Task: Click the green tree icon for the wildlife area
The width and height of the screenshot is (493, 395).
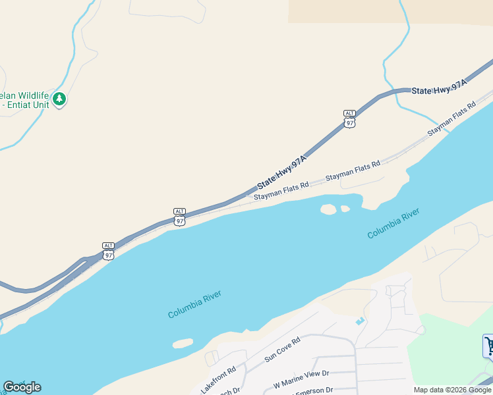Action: tap(60, 99)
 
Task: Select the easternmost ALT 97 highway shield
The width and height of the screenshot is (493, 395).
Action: tap(350, 118)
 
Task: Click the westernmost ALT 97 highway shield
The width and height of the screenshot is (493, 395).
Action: tap(109, 250)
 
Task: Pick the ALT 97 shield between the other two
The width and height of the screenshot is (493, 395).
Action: tap(179, 217)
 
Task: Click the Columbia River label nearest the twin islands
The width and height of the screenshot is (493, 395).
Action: tap(393, 223)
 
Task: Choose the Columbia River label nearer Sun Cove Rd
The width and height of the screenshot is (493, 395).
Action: tap(194, 304)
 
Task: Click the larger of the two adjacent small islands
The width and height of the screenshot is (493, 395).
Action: tap(328, 209)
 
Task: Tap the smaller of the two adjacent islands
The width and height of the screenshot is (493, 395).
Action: tap(345, 209)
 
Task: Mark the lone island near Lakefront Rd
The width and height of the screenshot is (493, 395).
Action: tap(183, 343)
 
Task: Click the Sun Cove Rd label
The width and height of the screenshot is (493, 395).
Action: tap(282, 350)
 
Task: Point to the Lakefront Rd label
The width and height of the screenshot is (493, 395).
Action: tap(218, 381)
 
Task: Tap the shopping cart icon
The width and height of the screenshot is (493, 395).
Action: tap(489, 345)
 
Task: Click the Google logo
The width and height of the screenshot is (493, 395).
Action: tap(22, 387)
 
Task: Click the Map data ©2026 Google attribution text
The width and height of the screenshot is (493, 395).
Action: tap(453, 390)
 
